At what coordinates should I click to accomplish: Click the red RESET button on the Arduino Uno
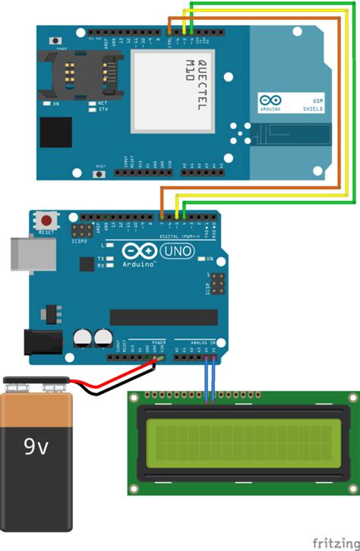(x=47, y=220)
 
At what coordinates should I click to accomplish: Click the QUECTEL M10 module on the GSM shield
(x=171, y=91)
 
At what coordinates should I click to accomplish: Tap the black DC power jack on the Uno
(x=43, y=342)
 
